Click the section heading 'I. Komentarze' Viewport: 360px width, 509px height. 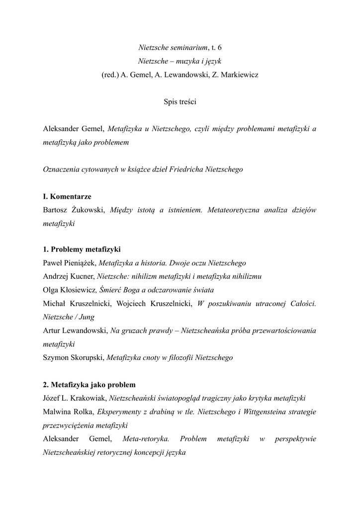67,196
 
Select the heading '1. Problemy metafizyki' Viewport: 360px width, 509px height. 82,249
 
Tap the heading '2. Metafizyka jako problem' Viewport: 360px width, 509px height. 90,385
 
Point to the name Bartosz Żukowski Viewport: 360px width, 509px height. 75,210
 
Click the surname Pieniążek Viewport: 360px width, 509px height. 80,262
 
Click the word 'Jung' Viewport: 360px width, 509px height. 86,317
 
